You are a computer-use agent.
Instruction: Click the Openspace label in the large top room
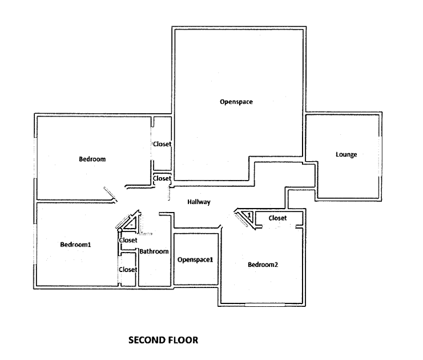[236, 102]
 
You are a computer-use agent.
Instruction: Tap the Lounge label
[346, 154]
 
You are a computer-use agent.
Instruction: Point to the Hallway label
[199, 202]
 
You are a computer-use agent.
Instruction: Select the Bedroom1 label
[75, 245]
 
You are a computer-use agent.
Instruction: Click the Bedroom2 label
[263, 265]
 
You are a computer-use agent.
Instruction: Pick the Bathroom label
[154, 251]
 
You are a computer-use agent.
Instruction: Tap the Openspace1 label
[195, 259]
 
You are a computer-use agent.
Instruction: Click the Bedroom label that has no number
[92, 159]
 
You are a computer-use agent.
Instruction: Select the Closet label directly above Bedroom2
[277, 218]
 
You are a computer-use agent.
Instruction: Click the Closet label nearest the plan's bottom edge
[127, 269]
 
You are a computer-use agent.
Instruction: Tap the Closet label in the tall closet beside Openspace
[162, 144]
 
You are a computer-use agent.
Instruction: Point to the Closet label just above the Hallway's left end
[162, 179]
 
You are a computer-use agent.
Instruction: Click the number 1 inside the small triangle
[249, 215]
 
